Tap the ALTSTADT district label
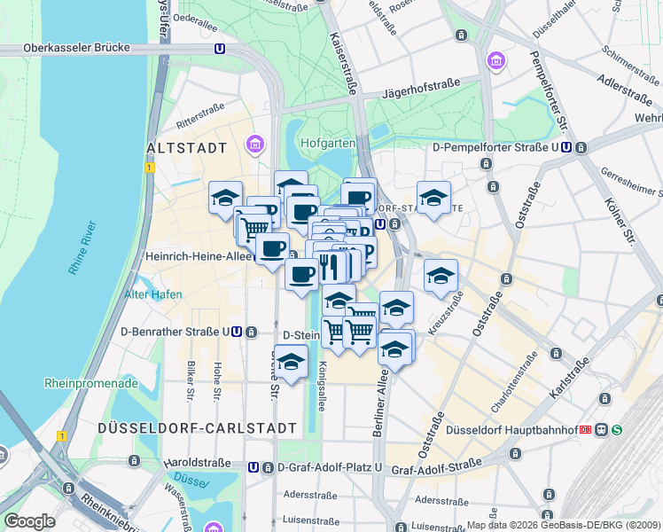click(186, 148)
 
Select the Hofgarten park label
click(327, 143)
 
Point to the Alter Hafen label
click(153, 294)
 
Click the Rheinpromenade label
click(91, 384)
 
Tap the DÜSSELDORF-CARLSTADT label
click(198, 428)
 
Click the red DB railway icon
click(586, 430)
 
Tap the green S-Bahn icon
click(616, 430)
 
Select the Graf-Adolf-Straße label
click(435, 465)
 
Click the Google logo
click(28, 521)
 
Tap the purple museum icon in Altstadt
click(256, 144)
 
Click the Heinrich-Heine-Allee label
click(196, 256)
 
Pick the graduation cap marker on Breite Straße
click(291, 362)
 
